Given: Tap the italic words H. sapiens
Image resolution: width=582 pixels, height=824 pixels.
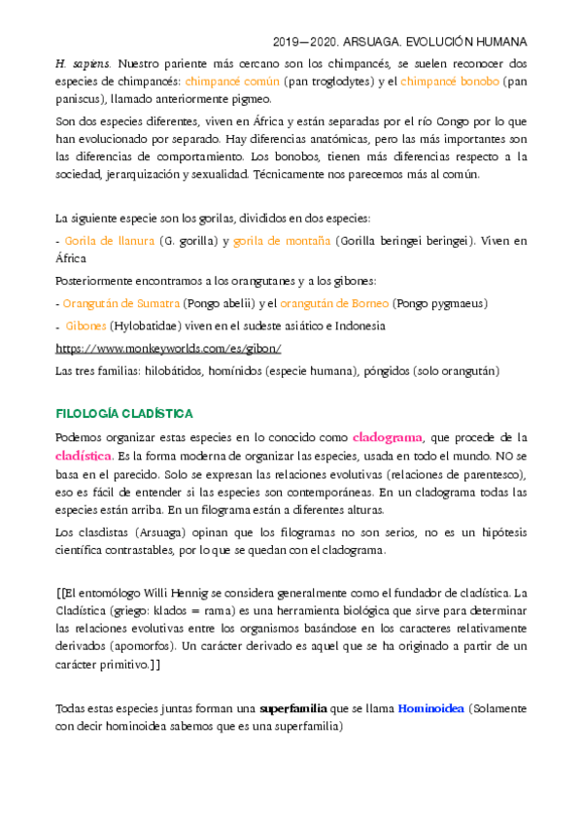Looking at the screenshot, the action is [85, 61].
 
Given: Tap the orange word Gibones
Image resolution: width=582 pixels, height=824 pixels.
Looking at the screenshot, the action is [86, 326].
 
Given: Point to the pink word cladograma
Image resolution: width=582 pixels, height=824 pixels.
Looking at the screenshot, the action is [386, 436].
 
